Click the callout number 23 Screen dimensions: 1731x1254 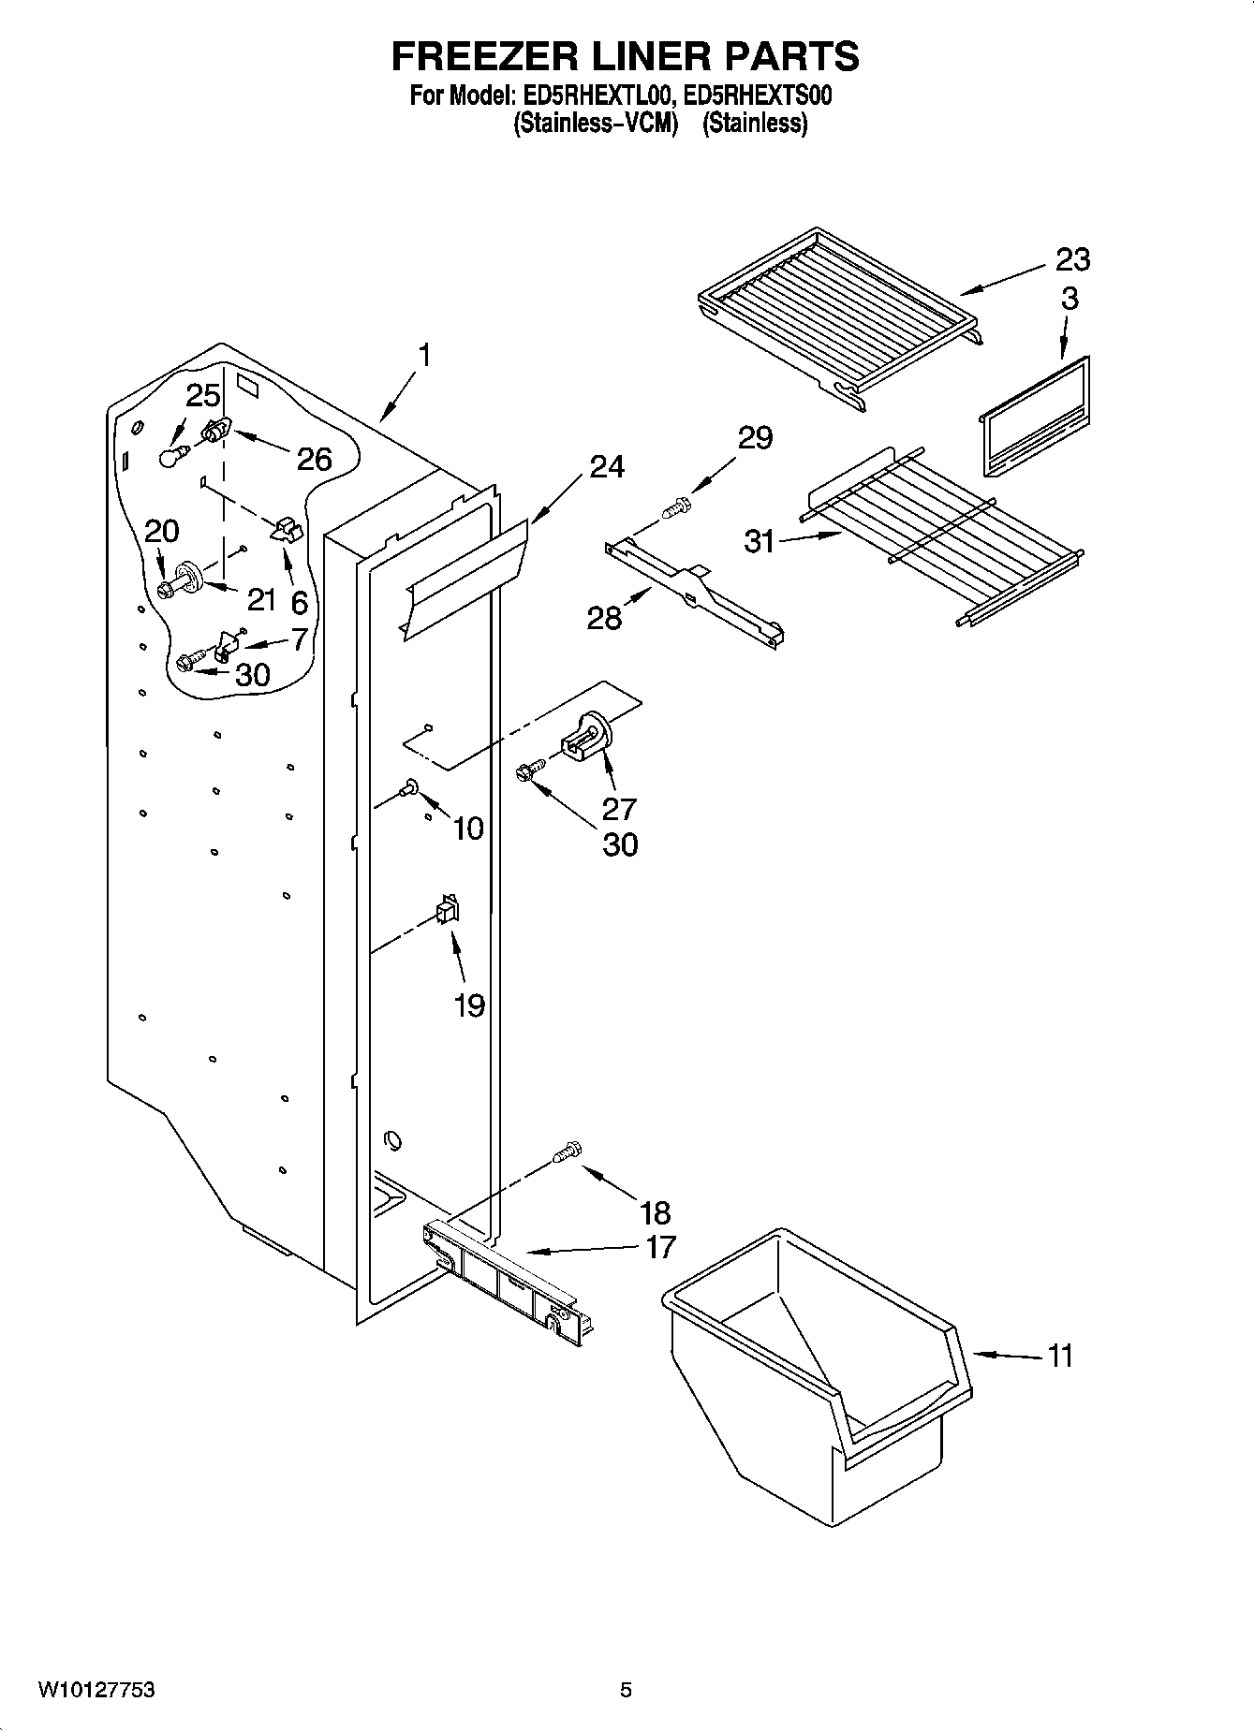point(1073,258)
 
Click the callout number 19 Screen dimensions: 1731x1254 point(469,1005)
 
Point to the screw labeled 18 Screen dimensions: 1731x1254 point(568,1151)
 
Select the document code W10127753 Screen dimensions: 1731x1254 point(96,1690)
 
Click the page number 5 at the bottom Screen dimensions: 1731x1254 point(626,1690)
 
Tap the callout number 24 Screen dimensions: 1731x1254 point(607,465)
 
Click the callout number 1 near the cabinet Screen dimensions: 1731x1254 point(425,356)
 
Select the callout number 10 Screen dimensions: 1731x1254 point(468,828)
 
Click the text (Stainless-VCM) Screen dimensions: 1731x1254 point(595,123)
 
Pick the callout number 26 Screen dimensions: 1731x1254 point(315,459)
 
